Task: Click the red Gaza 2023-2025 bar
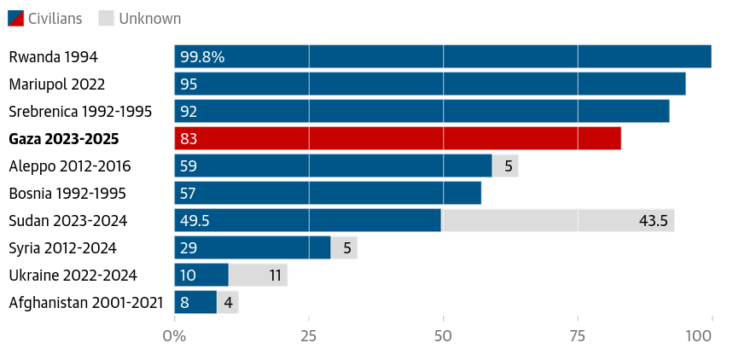coord(398,138)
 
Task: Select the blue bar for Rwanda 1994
coord(443,56)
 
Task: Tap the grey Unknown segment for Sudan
coord(557,220)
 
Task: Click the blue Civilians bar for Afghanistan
coord(195,302)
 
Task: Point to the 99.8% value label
coord(202,57)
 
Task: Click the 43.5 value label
coord(653,221)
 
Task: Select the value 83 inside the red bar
coord(189,139)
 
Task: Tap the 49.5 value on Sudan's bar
coord(195,221)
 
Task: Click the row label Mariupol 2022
coord(56,84)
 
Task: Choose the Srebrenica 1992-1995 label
coord(80,112)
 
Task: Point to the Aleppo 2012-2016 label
coord(70,166)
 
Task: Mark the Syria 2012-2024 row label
coord(62,248)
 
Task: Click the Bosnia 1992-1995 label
coord(68,194)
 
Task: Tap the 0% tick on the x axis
coord(174,336)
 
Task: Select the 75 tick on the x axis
coord(578,336)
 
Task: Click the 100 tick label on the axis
coord(699,336)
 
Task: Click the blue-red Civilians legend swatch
coord(15,18)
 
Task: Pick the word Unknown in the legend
coord(150,18)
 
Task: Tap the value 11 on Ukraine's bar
coord(275,276)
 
